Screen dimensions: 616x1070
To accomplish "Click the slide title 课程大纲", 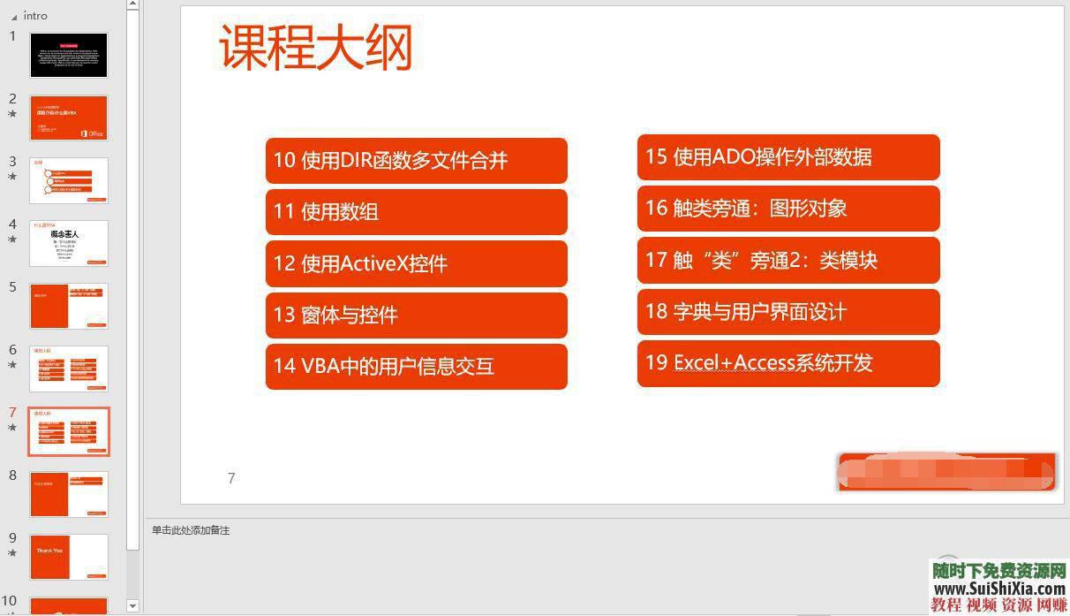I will (x=315, y=49).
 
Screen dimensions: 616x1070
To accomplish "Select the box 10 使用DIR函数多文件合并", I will (x=416, y=161).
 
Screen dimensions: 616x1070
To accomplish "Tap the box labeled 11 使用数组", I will (x=416, y=212).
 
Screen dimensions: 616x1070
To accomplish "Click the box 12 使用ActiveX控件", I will (x=416, y=263).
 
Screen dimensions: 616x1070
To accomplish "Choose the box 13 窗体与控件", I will (x=416, y=315).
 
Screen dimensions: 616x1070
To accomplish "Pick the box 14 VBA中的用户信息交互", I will (x=416, y=366).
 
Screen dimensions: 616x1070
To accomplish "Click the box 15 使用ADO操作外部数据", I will (x=787, y=157).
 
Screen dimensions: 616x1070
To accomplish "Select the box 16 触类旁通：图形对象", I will (x=787, y=209).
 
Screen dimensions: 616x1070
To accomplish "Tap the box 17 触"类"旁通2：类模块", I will (x=787, y=260).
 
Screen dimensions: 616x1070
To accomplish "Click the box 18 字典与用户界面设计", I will (x=787, y=311).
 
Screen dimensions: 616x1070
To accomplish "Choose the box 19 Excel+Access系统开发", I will (x=787, y=363).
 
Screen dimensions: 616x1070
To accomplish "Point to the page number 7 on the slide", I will (x=231, y=478).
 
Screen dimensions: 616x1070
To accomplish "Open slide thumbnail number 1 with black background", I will (x=69, y=56).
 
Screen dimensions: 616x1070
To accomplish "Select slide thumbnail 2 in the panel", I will (x=69, y=118).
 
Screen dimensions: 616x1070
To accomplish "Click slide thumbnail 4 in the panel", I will (x=69, y=243).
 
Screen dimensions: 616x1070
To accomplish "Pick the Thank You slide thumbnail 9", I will (x=69, y=557).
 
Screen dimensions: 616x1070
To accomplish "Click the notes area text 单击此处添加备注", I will (x=191, y=530).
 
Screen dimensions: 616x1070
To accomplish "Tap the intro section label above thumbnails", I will (x=35, y=16).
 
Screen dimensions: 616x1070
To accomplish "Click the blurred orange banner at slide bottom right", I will (x=946, y=472).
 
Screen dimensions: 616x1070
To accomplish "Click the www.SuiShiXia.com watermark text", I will (x=998, y=589).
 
